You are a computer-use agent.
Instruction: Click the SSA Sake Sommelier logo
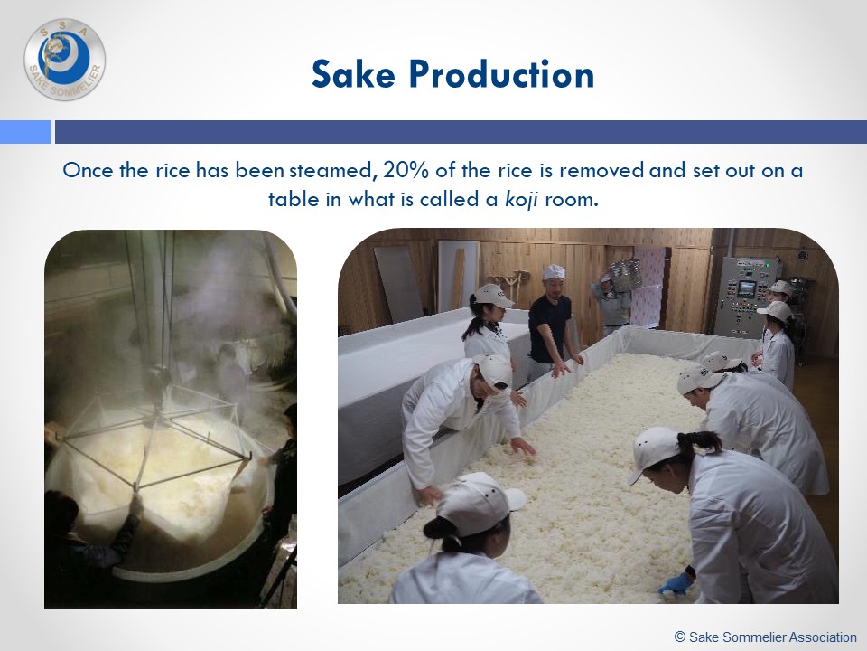[x=65, y=60]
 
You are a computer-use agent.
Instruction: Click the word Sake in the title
[x=353, y=73]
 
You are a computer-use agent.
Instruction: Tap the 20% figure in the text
[x=406, y=170]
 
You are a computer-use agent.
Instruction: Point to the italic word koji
[x=521, y=200]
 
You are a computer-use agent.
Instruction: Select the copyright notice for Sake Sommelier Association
[x=766, y=637]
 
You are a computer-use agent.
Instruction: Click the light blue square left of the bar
[x=25, y=132]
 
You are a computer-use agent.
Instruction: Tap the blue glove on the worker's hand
[x=676, y=584]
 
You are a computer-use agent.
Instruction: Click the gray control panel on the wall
[x=744, y=297]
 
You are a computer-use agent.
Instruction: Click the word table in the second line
[x=294, y=199]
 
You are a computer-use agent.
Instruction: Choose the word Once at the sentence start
[x=88, y=170]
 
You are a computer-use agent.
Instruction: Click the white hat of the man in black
[x=554, y=272]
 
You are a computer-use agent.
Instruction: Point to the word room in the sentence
[x=572, y=200]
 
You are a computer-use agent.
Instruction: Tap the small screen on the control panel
[x=746, y=288]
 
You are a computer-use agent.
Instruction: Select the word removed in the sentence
[x=601, y=170]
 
